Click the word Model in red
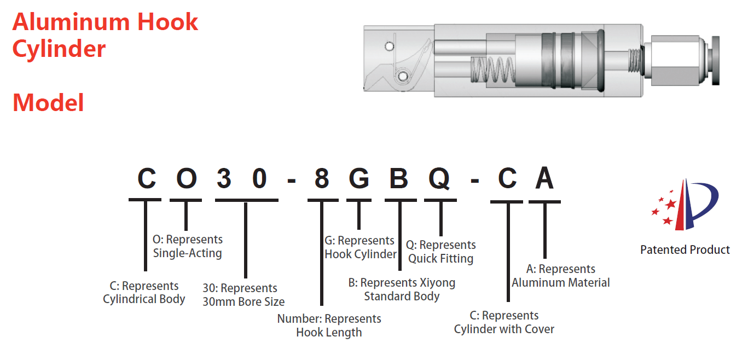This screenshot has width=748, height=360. pos(48,103)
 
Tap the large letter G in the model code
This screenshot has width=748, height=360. pos(358,179)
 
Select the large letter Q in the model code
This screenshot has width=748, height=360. pos(439,179)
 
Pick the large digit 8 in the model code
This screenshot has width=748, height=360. pos(321,179)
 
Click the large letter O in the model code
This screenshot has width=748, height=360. pos(186,179)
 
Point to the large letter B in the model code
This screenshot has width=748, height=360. pos(399,179)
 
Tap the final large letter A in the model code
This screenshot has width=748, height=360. pos(544,179)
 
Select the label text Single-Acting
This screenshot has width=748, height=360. pos(187,253)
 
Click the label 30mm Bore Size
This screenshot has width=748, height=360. pos(243,301)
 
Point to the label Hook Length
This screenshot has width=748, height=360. pos(329,332)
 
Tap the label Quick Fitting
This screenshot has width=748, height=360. pos(440,258)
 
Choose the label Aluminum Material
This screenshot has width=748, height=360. pos(560,282)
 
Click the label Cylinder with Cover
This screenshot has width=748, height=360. pos(504,329)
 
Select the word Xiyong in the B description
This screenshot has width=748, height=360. pos(437,283)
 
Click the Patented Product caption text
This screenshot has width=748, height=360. pos(685,249)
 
